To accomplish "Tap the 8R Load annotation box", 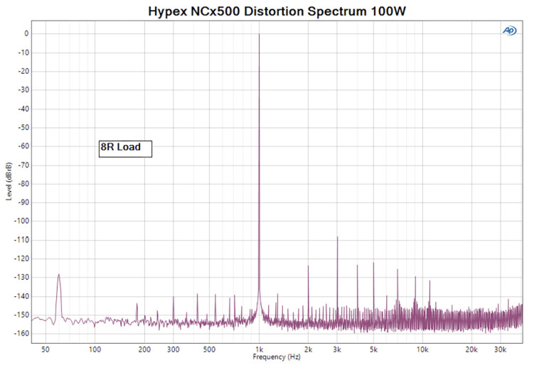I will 125,148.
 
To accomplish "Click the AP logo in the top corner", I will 509,31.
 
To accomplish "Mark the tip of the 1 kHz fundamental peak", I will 259,34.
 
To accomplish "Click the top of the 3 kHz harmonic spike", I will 337,237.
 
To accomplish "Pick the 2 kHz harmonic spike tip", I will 308,266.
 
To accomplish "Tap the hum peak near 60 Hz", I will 59,274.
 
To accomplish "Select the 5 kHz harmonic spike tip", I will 373,263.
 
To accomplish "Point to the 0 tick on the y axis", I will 26,33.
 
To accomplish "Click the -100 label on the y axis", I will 21,221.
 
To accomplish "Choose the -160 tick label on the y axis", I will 21,333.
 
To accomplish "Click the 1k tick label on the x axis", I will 259,349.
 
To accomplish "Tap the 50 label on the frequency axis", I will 46,349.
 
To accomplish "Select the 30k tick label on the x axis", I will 500,349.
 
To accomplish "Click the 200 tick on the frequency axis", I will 144,349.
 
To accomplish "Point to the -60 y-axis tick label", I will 23,146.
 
